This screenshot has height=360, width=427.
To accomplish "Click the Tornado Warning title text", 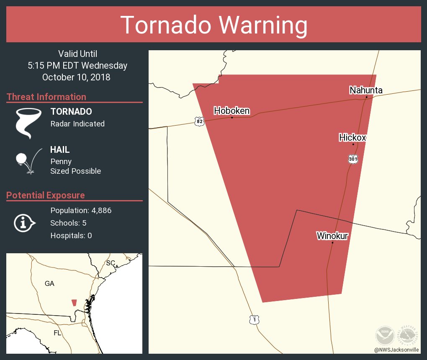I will click(x=213, y=25).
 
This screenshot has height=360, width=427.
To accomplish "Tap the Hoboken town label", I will click(x=232, y=111).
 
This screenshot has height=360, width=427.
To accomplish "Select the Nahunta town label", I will click(x=365, y=90).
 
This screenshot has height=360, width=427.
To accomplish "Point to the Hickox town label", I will click(x=352, y=137).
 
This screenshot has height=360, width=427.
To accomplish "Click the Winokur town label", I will click(x=332, y=236).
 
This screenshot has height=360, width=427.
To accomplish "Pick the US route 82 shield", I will click(x=199, y=121).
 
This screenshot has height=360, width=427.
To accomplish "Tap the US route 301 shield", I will click(x=352, y=159).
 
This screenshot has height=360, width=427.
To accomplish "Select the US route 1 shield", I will click(x=254, y=319).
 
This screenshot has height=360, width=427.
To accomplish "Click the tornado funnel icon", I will click(x=28, y=123).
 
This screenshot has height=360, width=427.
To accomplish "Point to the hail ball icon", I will click(x=21, y=159).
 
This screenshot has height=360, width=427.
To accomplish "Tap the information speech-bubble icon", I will click(x=24, y=223).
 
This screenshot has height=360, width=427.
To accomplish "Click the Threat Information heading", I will click(x=46, y=97).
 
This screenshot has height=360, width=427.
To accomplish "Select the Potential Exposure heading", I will click(x=46, y=195).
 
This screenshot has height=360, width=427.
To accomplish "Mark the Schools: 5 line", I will click(x=68, y=223).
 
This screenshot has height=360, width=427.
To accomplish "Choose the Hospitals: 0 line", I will click(x=71, y=236).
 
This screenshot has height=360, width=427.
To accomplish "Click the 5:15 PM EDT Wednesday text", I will click(x=77, y=65).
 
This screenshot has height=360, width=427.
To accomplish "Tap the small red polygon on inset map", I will click(x=74, y=303).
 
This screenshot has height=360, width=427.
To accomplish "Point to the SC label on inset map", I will click(x=110, y=263).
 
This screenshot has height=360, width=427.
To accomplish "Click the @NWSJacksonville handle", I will click(x=396, y=350).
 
